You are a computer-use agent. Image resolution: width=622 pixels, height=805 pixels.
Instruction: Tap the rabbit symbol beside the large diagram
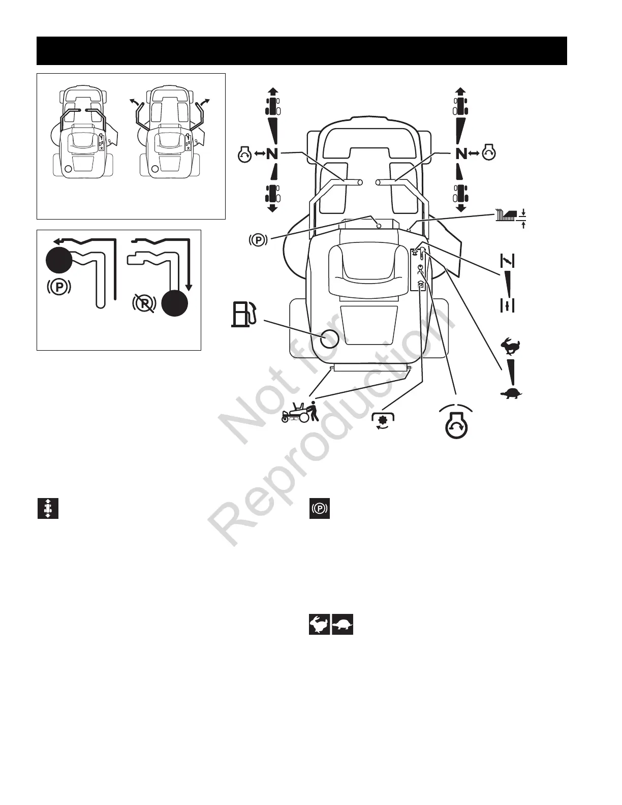[x=508, y=348]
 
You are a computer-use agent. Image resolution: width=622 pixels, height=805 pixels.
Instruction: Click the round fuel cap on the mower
[x=330, y=338]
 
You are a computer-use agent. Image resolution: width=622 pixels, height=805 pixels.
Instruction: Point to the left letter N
[x=272, y=153]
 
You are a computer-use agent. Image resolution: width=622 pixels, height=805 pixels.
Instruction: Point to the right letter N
[x=461, y=153]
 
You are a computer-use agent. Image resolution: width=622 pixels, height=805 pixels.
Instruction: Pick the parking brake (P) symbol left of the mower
[x=259, y=239]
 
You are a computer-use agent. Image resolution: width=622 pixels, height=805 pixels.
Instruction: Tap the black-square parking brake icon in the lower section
[x=320, y=508]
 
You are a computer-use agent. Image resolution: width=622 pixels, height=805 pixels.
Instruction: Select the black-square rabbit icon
[x=320, y=624]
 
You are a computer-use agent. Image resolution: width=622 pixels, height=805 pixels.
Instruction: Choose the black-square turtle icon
[x=343, y=624]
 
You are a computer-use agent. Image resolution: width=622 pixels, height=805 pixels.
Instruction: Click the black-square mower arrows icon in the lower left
[x=48, y=508]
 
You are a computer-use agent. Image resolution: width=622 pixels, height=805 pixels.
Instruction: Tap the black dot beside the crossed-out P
[x=175, y=303]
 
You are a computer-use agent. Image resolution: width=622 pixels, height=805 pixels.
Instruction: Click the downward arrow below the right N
[x=461, y=207]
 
